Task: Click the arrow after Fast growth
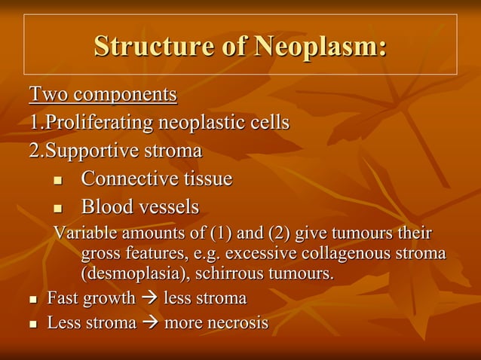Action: tap(149, 299)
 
